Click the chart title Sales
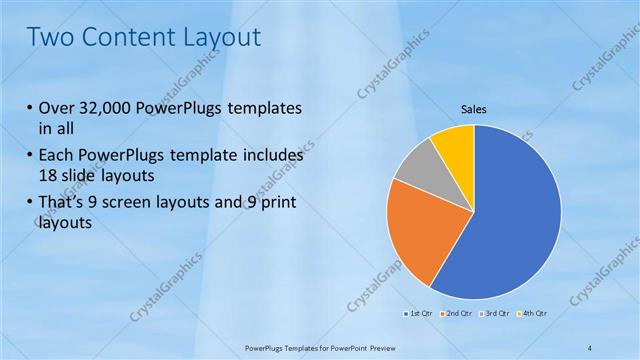click(x=473, y=108)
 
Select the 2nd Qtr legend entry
click(x=458, y=313)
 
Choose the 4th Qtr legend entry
click(x=534, y=313)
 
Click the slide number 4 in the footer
click(x=590, y=347)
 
